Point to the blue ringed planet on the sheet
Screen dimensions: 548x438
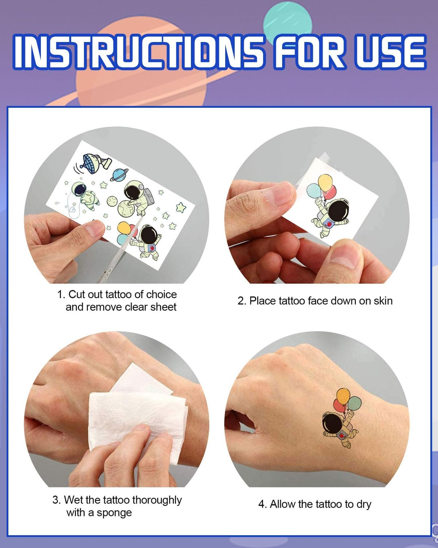(119, 175)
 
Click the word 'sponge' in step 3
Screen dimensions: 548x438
(114, 513)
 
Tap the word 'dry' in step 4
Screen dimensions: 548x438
(364, 505)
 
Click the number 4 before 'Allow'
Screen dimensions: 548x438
(261, 505)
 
